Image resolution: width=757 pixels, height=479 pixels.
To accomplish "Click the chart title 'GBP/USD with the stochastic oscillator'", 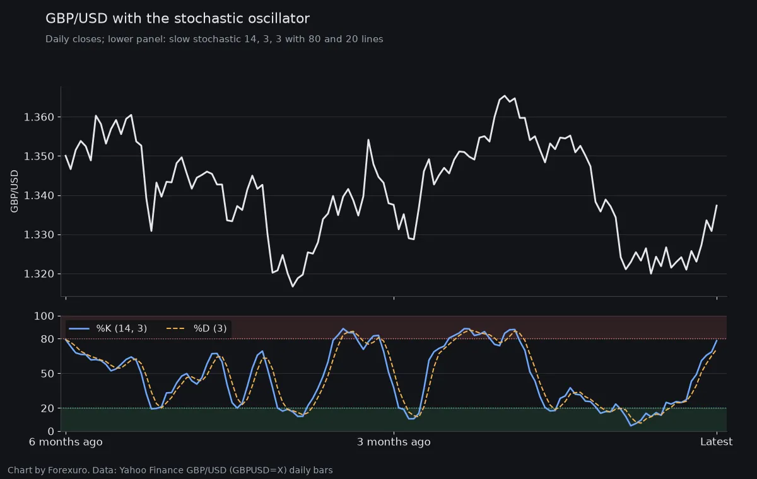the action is (x=177, y=18).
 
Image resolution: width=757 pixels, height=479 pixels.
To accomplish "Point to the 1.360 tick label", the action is (x=39, y=117).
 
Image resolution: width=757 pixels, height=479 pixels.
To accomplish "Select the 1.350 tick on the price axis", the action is (x=39, y=156).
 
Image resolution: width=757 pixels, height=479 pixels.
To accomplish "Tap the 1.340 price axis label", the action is (x=39, y=195).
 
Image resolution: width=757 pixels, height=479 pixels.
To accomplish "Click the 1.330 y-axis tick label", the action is (x=39, y=234).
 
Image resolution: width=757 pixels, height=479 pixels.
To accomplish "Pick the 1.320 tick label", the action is (x=39, y=274).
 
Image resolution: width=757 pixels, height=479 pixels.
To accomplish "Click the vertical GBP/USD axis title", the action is (x=14, y=192).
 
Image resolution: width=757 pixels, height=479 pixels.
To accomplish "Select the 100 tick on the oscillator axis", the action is (x=44, y=316).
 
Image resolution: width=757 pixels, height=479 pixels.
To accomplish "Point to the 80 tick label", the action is (x=47, y=339).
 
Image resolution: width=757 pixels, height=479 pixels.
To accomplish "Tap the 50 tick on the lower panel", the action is (x=47, y=374).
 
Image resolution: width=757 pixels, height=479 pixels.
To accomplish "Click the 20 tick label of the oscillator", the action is (x=47, y=408).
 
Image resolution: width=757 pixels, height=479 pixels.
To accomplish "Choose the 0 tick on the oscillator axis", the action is (x=51, y=431).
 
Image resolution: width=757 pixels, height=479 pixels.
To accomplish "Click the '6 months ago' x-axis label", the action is (x=66, y=442).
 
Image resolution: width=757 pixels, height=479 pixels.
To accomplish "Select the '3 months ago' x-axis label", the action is (x=394, y=442).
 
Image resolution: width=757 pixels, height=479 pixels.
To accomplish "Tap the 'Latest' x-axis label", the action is (x=717, y=442).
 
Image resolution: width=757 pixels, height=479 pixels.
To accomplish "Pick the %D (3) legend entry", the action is (x=197, y=328).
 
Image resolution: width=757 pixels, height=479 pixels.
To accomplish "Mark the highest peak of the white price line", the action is (x=505, y=96).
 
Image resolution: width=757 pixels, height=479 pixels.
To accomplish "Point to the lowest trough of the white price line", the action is (x=293, y=287).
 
